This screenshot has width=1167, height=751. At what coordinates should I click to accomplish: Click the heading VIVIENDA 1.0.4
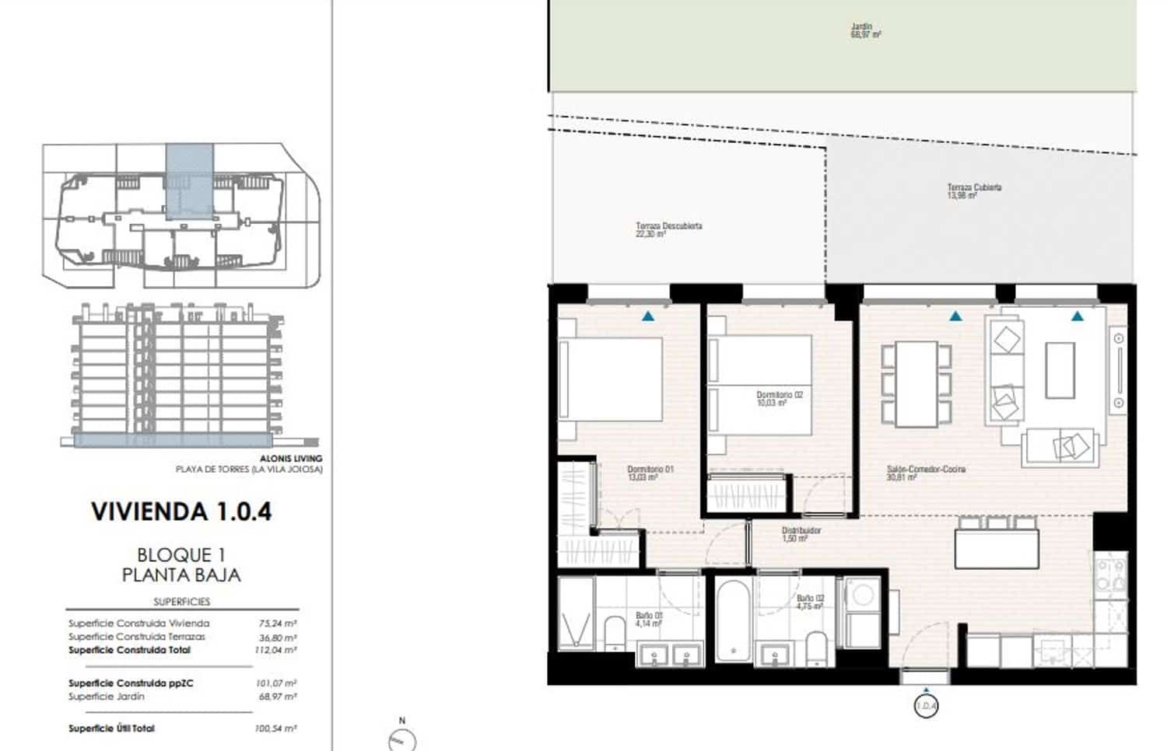(181, 512)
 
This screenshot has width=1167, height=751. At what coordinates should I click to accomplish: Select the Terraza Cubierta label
(973, 191)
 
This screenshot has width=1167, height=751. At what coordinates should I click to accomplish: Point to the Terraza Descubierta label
(668, 229)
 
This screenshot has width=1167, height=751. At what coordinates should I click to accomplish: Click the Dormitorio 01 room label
(650, 473)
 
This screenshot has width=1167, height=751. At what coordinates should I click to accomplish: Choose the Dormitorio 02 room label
(779, 399)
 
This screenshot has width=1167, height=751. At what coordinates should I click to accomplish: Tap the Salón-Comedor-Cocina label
(926, 473)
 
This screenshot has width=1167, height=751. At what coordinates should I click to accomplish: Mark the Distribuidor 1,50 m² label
(801, 534)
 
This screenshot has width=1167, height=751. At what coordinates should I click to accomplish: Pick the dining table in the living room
(916, 384)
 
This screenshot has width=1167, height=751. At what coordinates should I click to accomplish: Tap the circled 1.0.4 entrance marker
(926, 707)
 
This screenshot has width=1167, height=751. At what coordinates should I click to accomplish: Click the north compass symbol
(401, 738)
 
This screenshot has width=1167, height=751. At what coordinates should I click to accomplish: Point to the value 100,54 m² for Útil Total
(276, 728)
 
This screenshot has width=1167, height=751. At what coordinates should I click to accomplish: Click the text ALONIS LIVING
(292, 459)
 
